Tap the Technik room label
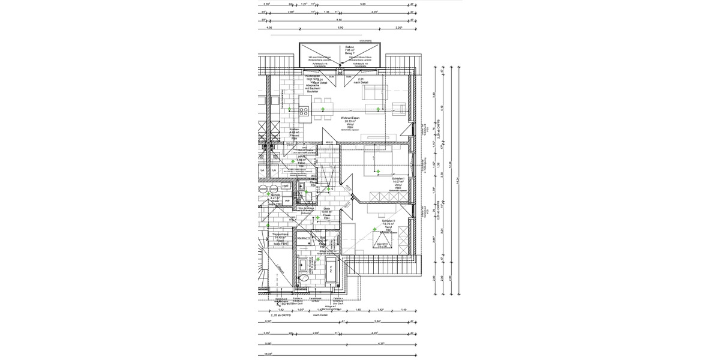[x=275, y=196]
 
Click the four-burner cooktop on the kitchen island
[x=304, y=111]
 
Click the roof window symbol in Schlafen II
[x=382, y=241]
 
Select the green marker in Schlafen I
[x=379, y=172]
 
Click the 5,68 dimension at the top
[x=363, y=3]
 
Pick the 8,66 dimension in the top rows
[x=339, y=19]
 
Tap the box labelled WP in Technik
[x=287, y=201]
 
